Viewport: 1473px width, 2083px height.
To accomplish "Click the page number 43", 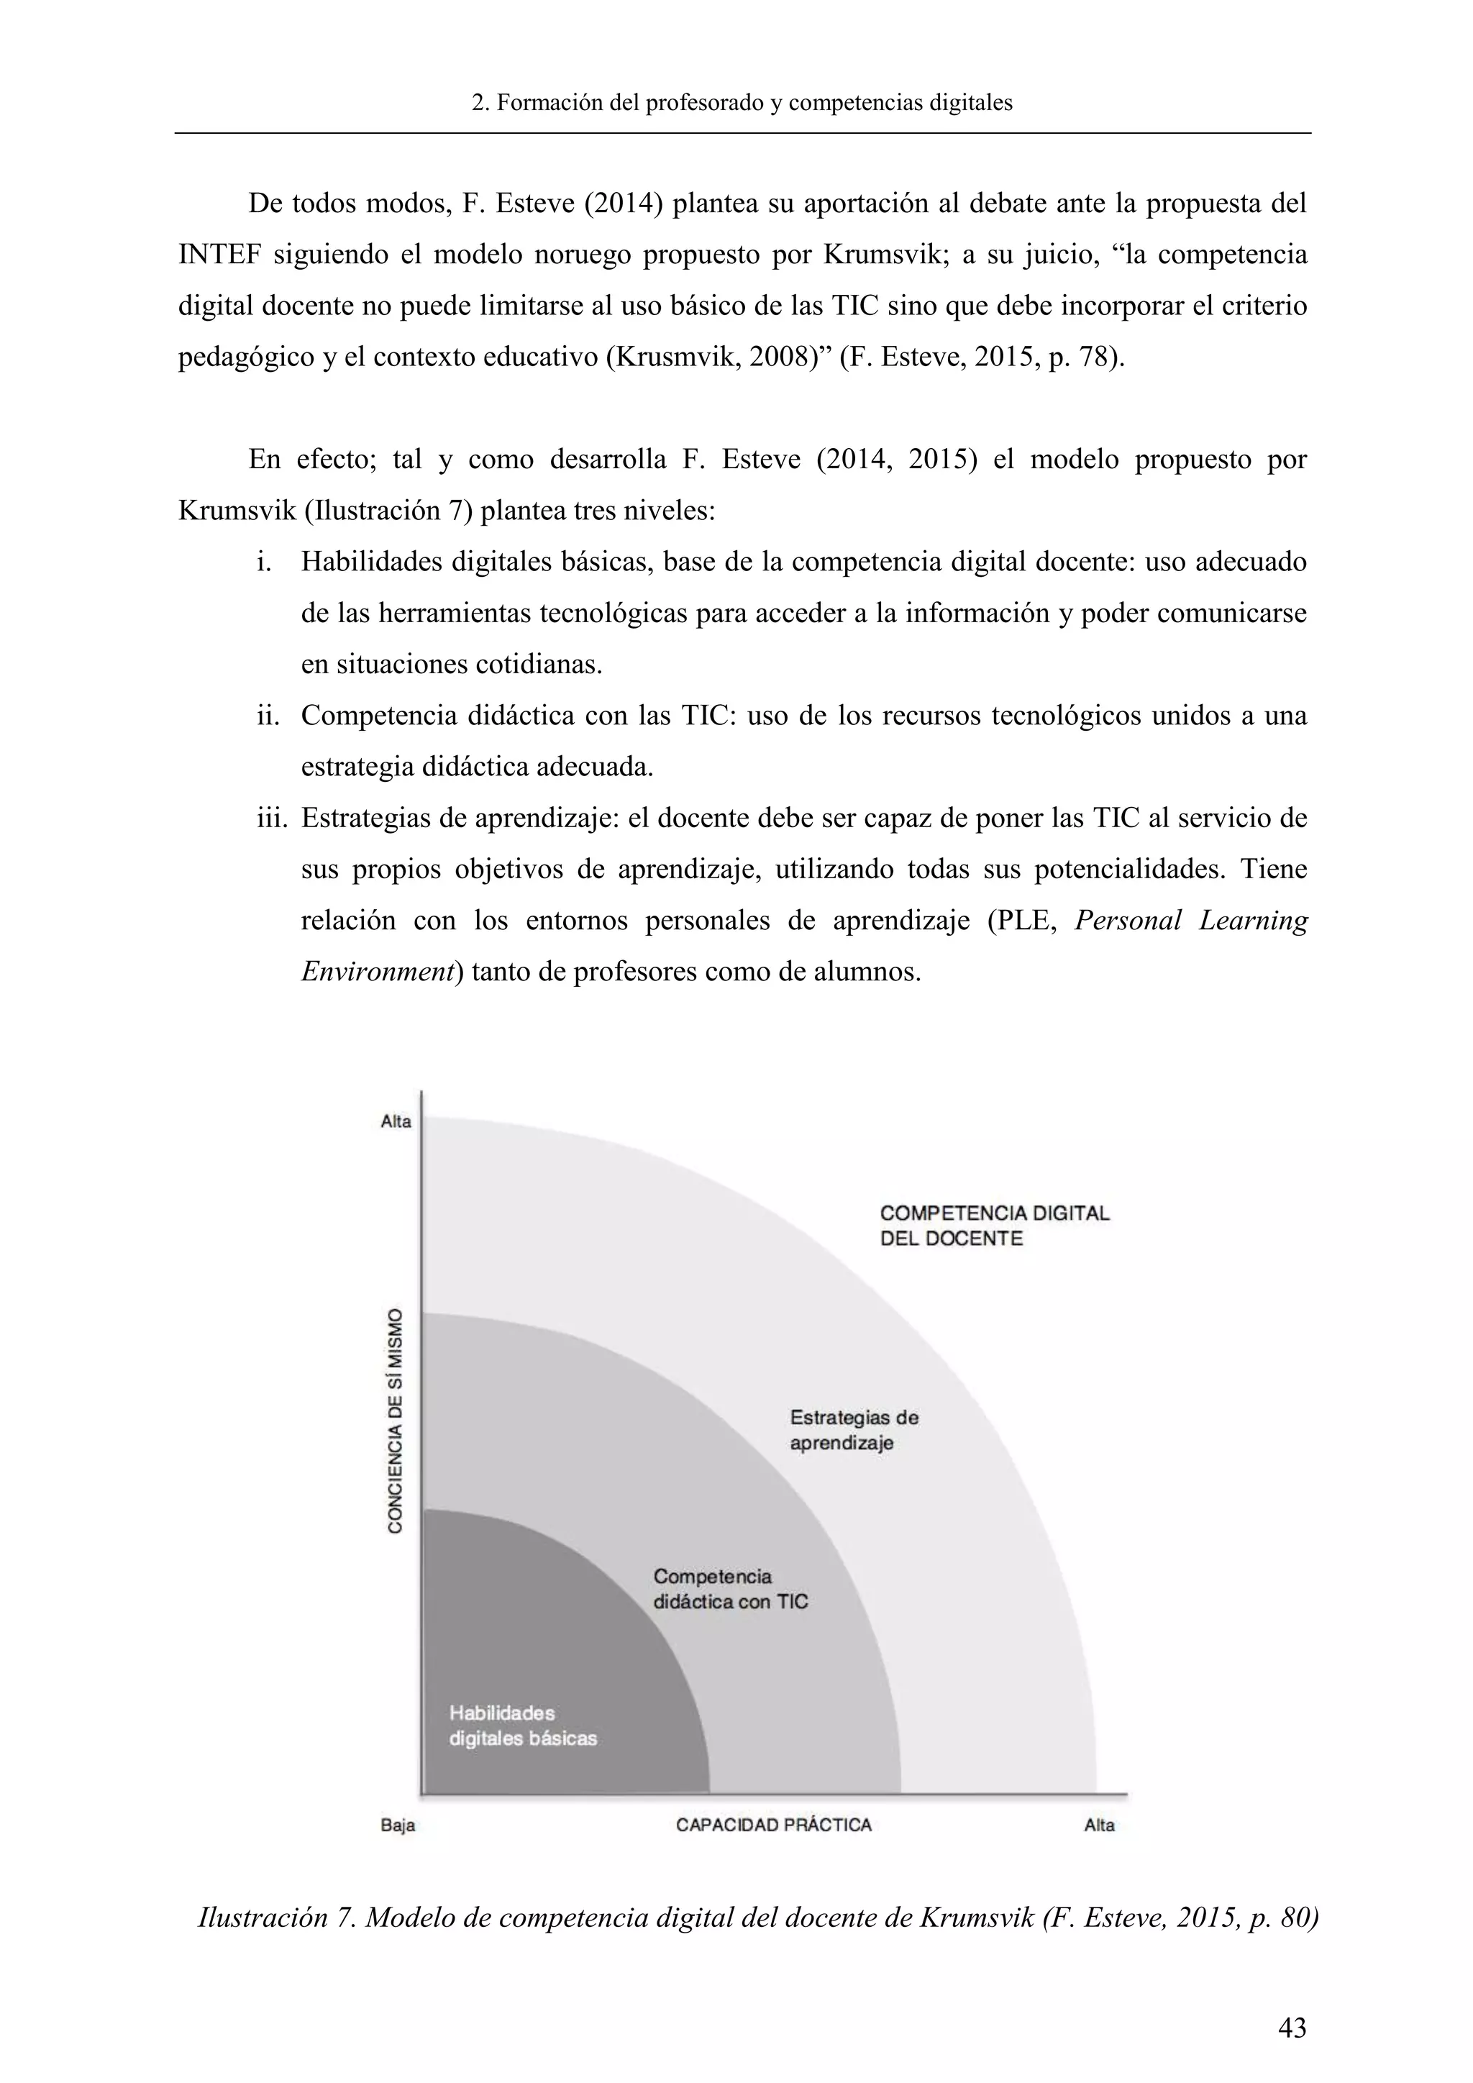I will click(x=1292, y=2027).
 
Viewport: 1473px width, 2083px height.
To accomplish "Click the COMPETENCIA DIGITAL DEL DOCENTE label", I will click(x=994, y=1226).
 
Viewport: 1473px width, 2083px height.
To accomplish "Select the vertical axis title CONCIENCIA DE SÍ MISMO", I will click(x=396, y=1421).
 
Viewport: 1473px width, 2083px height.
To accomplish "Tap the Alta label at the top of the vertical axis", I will click(x=396, y=1121).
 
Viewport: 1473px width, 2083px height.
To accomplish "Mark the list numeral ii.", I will click(x=268, y=716).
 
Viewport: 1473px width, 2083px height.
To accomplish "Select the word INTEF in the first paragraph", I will click(x=219, y=255).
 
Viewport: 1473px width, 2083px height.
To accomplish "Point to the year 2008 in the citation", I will click(x=775, y=357).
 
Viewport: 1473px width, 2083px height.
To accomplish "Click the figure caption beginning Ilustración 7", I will click(x=757, y=1918).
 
